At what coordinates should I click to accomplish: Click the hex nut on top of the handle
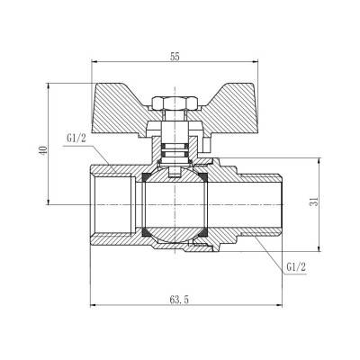(x=172, y=103)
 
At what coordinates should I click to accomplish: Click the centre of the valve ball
(x=172, y=203)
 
